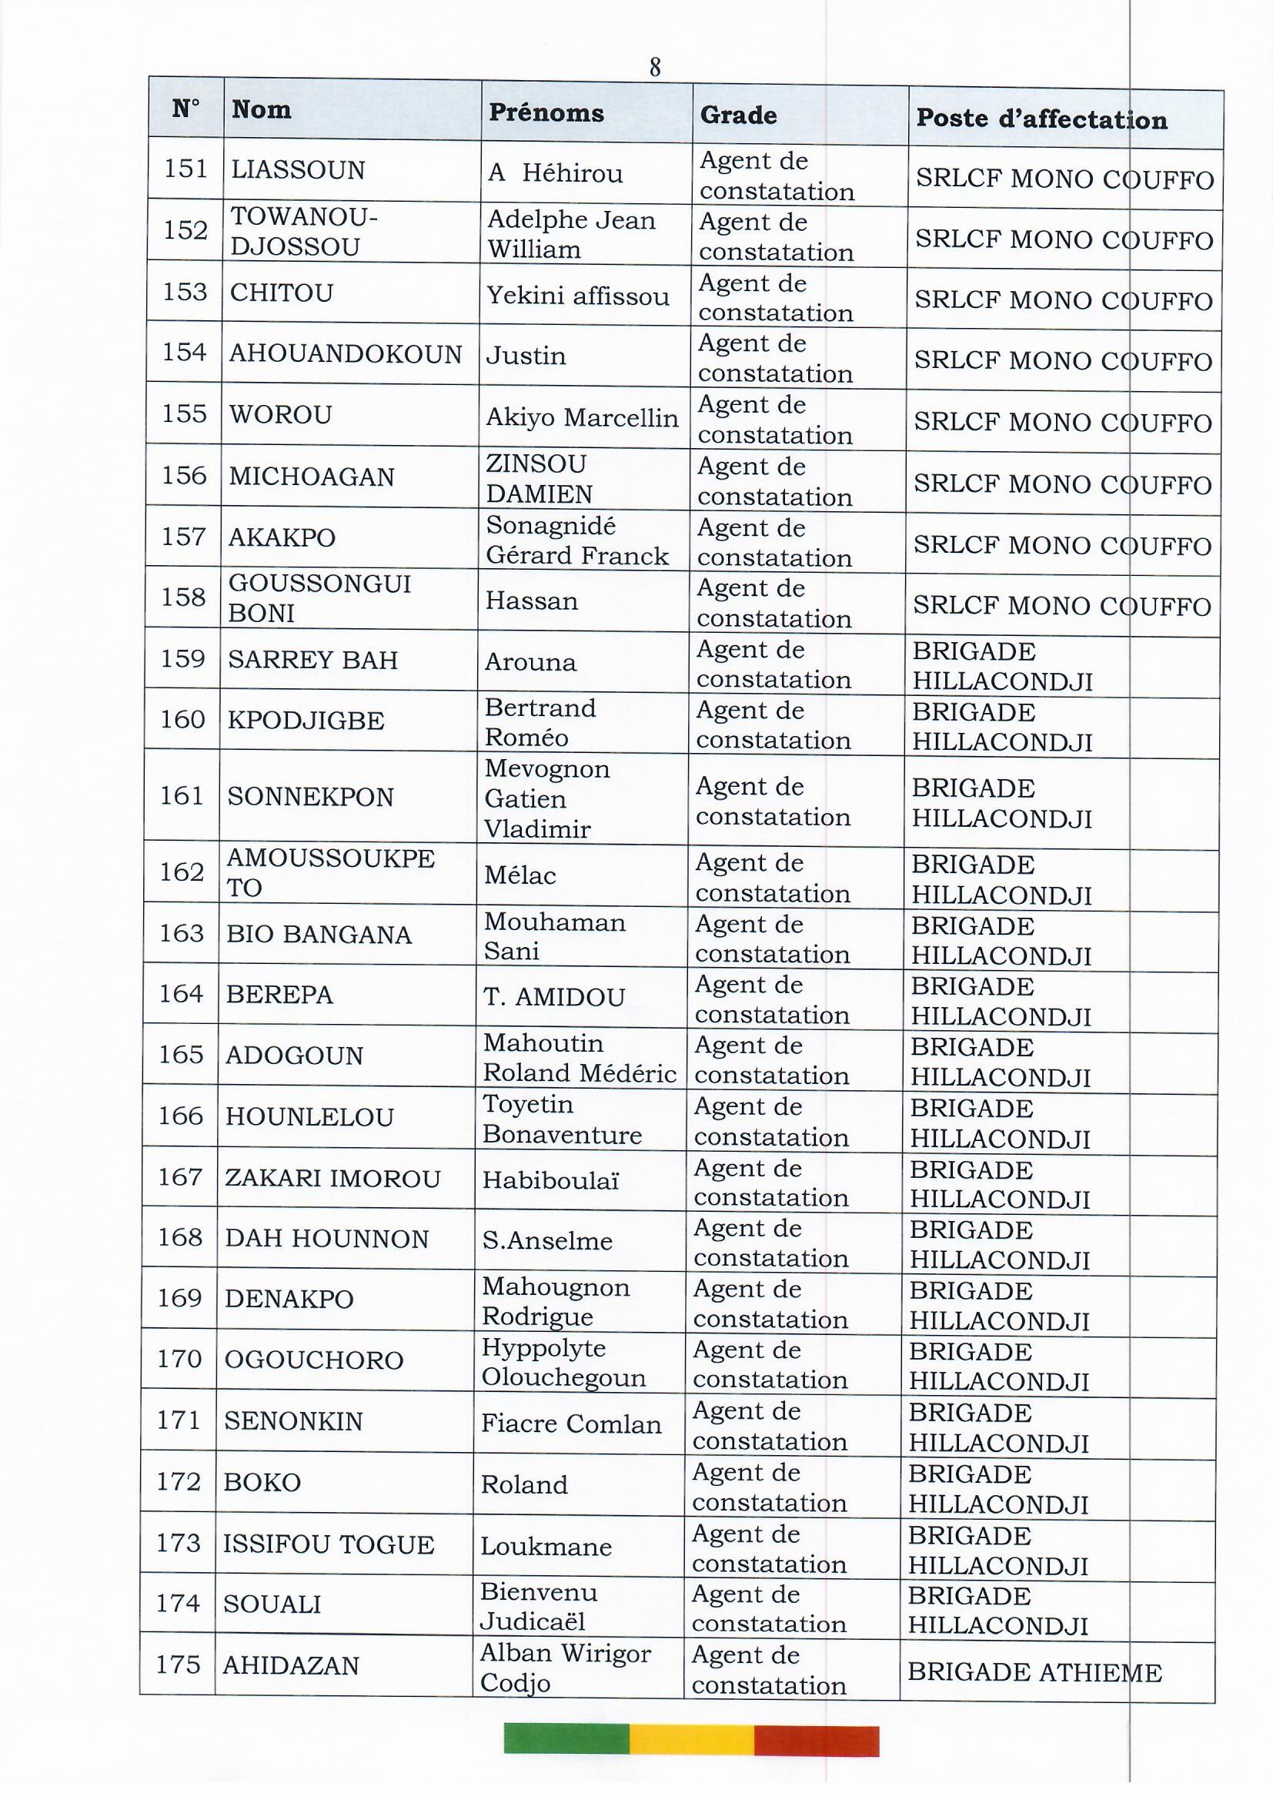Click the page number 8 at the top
tap(654, 69)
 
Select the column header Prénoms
tap(546, 113)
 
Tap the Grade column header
tap(737, 115)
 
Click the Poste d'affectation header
tap(1041, 119)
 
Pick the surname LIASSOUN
tap(297, 170)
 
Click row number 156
tap(183, 475)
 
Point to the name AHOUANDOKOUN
tap(345, 354)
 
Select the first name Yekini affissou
tap(578, 296)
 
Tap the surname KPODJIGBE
tap(305, 721)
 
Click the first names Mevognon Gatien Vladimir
tap(546, 798)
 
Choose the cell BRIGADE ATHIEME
tap(1034, 1673)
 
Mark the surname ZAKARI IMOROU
tap(332, 1178)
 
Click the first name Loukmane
tap(546, 1547)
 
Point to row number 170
tap(179, 1359)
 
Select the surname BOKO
tap(262, 1483)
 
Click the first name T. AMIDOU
tap(553, 997)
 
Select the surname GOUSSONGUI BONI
tap(319, 598)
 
